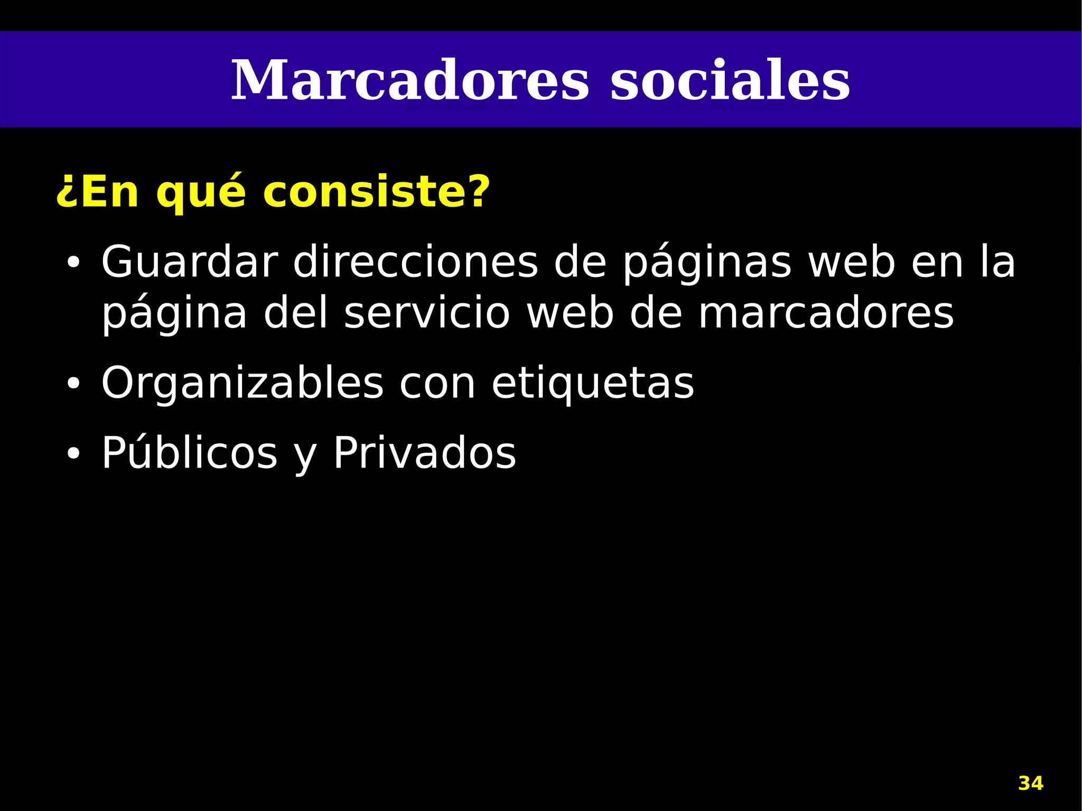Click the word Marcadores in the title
point(409,81)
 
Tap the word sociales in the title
point(730,81)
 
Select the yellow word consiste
point(376,191)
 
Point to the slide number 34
point(1031,783)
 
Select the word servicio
point(427,313)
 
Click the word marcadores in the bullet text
point(826,313)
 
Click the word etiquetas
point(593,384)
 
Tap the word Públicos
point(189,453)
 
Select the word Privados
point(424,453)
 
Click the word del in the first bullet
point(296,313)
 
